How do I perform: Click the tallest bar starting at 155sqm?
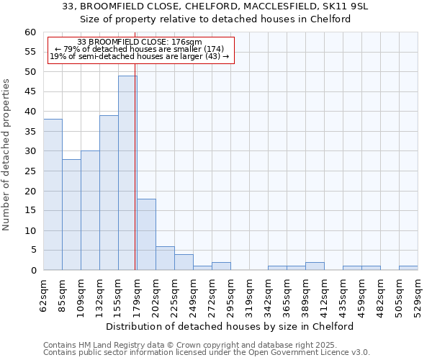(127, 173)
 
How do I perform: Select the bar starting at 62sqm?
(53, 194)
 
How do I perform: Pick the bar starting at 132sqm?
(109, 192)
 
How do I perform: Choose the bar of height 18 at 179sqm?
(146, 234)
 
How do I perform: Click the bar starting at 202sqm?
(165, 258)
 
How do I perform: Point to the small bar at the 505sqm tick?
(408, 268)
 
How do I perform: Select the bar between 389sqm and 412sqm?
(315, 266)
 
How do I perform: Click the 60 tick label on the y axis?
(30, 32)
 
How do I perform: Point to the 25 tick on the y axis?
(30, 171)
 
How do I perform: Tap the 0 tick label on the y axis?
(32, 271)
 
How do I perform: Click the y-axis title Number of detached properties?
(6, 155)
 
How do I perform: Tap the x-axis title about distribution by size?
(235, 326)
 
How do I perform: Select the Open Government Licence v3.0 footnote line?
(207, 352)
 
